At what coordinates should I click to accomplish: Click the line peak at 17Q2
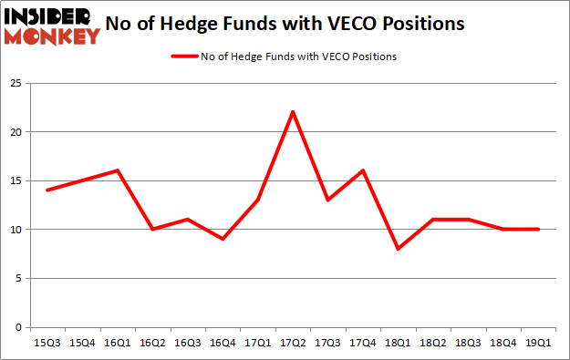(291, 111)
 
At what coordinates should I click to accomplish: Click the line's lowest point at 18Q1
(397, 249)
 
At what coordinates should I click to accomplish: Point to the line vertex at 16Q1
(117, 170)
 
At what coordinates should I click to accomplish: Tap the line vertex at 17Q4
(362, 170)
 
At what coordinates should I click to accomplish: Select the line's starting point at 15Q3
(46, 190)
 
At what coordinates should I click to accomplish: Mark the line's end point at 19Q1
(538, 229)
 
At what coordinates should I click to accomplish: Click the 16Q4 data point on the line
(222, 239)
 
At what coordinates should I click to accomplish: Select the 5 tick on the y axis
(17, 279)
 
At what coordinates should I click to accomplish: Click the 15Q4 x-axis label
(81, 344)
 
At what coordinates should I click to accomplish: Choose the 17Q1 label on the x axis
(256, 344)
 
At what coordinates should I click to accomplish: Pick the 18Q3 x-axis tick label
(468, 344)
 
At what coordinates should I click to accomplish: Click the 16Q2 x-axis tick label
(151, 344)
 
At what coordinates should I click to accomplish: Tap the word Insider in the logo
(50, 15)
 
